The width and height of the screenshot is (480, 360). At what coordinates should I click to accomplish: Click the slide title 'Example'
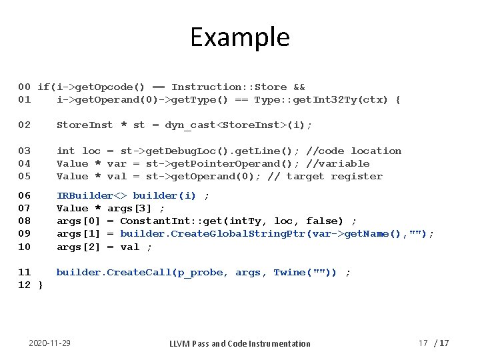click(240, 37)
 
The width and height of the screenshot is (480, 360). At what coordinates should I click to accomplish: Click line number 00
click(24, 87)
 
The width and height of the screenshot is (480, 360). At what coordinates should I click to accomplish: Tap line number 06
click(24, 196)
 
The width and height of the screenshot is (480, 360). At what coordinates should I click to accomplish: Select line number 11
click(24, 273)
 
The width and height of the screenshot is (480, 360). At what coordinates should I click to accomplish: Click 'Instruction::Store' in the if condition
click(229, 87)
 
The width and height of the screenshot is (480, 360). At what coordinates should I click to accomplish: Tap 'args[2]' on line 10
click(78, 247)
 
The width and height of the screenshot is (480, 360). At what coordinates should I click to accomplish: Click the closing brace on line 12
click(40, 285)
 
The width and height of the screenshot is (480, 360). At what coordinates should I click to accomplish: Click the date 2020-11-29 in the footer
click(50, 343)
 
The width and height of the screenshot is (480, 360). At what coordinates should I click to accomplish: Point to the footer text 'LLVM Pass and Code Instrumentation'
click(239, 343)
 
